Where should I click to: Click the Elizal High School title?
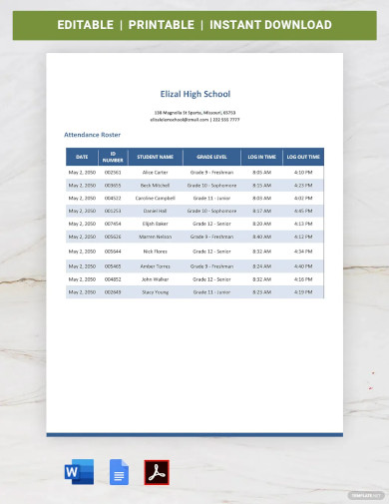point(194,94)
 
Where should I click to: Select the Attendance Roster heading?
point(92,134)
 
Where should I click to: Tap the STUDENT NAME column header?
point(155,157)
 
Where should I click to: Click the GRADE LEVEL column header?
point(211,157)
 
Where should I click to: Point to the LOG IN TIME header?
point(261,157)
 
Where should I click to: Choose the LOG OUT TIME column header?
point(303,157)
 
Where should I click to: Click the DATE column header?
point(82,157)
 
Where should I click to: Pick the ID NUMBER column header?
point(113,157)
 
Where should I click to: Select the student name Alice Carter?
point(155,173)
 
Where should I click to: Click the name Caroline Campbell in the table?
point(155,198)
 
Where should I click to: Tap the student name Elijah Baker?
point(155,224)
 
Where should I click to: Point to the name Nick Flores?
point(155,252)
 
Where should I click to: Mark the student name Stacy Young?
point(155,292)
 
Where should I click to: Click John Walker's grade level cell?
point(211,279)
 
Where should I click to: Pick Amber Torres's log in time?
point(261,266)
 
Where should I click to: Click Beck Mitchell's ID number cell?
point(113,185)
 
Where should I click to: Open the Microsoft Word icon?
point(80,472)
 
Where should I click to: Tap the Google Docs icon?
point(118,472)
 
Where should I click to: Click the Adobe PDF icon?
point(157,472)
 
